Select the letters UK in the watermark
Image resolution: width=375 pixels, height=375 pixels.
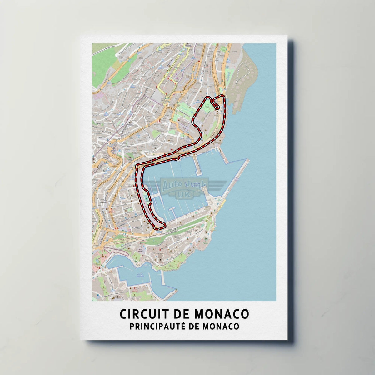181,195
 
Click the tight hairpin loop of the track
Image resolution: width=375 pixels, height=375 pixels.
216,106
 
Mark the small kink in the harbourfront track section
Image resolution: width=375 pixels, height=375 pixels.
178,159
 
